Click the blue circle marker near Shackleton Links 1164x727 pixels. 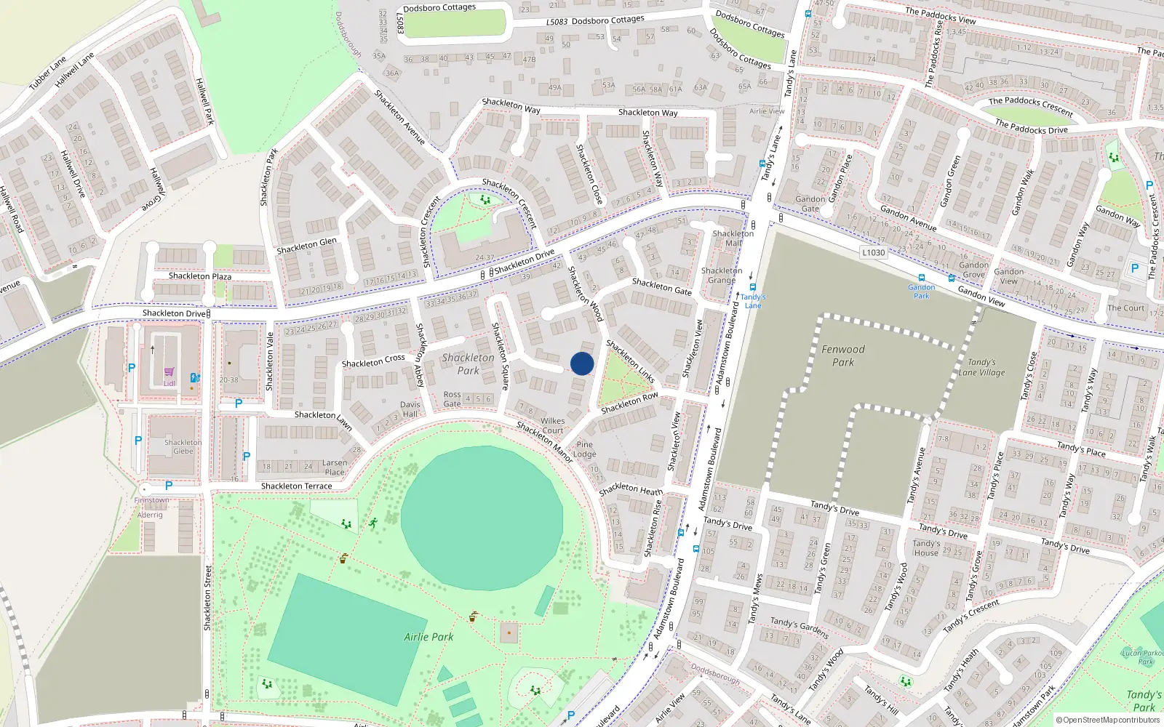(582, 363)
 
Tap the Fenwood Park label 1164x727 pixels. (843, 356)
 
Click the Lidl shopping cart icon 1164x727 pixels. (169, 372)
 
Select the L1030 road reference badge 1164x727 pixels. (873, 253)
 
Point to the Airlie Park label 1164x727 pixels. (428, 637)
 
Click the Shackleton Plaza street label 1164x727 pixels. (200, 276)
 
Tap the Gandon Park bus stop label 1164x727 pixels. (921, 292)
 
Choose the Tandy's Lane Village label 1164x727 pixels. (981, 367)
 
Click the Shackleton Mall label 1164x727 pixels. (733, 238)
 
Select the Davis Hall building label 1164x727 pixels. (410, 409)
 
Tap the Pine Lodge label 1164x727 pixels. (584, 449)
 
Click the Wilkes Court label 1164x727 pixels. (553, 425)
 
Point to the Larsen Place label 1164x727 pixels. (335, 467)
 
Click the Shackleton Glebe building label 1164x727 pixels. (183, 446)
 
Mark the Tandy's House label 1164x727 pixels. (926, 548)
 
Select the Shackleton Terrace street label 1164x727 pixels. (296, 486)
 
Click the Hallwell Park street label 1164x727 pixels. (205, 100)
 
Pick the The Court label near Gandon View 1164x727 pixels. (1125, 308)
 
